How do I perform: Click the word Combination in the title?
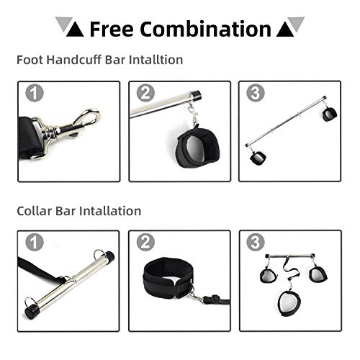pos(205,29)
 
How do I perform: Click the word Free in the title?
pos(112,29)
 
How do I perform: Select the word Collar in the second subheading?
pos(35,211)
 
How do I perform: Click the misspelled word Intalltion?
pos(156,60)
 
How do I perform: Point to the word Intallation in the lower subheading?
pos(110,211)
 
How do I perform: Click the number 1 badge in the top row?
pos(35,93)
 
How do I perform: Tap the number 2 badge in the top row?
pos(145,93)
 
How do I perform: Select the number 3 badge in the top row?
pos(256,93)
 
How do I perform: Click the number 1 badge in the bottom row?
pos(35,242)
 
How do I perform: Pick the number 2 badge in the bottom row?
pos(145,242)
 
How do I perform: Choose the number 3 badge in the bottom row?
pos(256,242)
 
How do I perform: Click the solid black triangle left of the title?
pos(75,30)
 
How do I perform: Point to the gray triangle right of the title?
pos(296,24)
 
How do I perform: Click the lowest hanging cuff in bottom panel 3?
pos(289,303)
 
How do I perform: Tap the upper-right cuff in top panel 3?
pos(329,114)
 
